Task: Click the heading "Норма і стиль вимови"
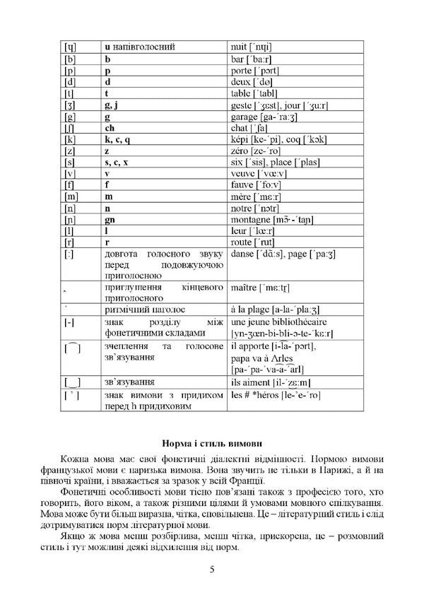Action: (211, 443)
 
